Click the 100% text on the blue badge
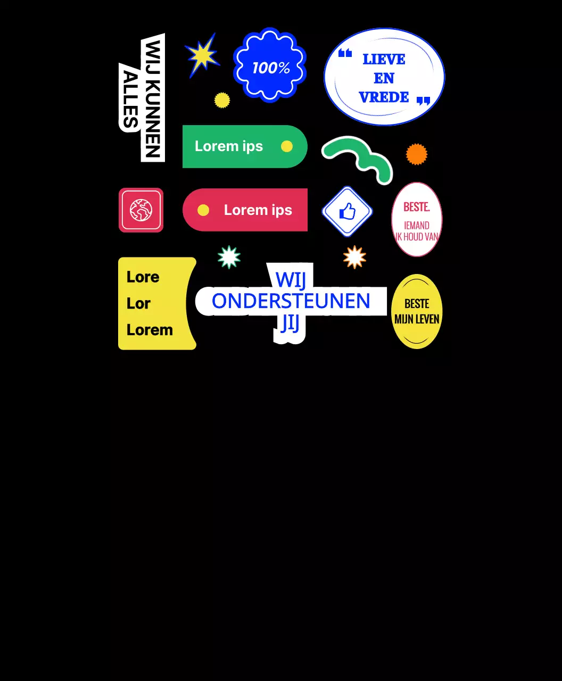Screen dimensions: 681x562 [x=271, y=68]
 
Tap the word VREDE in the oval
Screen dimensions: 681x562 [x=384, y=97]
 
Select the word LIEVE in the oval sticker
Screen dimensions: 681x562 [x=384, y=59]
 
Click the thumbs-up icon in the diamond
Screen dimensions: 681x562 [x=347, y=212]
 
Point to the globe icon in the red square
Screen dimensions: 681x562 [x=141, y=210]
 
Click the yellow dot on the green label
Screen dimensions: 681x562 [x=287, y=146]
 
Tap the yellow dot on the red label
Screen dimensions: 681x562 [x=203, y=210]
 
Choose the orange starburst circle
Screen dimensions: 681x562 [x=417, y=154]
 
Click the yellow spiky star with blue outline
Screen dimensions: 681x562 [x=202, y=55]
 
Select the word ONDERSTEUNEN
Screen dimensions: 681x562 [x=291, y=301]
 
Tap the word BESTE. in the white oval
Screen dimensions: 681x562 [x=416, y=207]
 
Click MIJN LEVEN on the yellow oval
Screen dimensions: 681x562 [x=417, y=319]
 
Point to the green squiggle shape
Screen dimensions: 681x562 [x=357, y=157]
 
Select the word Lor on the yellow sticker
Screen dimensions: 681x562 [x=138, y=303]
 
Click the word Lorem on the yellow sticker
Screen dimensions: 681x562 [x=150, y=330]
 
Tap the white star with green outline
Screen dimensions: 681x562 [x=229, y=257]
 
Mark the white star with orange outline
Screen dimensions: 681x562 [x=354, y=257]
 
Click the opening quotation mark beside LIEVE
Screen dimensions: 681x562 [x=345, y=53]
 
